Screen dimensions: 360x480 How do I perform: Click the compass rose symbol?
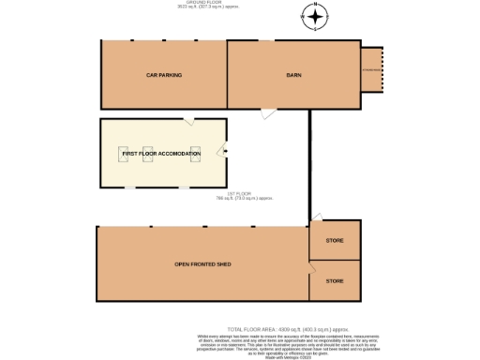pyautogui.click(x=315, y=16)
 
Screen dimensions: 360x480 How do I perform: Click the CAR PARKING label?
pyautogui.click(x=163, y=74)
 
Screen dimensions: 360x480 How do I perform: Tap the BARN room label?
pyautogui.click(x=292, y=74)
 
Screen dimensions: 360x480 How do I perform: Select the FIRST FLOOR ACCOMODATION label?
pyautogui.click(x=162, y=153)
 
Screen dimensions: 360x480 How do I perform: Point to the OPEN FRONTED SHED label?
pyautogui.click(x=202, y=264)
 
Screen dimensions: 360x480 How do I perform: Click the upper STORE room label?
pyautogui.click(x=335, y=241)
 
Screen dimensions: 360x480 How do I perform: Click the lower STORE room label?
pyautogui.click(x=335, y=280)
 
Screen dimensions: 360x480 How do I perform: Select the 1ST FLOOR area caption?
pyautogui.click(x=244, y=196)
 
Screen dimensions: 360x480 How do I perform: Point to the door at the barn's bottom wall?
pyautogui.click(x=269, y=113)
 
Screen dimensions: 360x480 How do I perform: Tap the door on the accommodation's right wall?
pyautogui.click(x=225, y=152)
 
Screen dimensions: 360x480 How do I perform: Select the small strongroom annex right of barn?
pyautogui.click(x=372, y=70)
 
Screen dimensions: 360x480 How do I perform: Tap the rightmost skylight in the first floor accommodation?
pyautogui.click(x=195, y=154)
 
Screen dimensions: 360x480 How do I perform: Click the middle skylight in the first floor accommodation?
pyautogui.click(x=147, y=154)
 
